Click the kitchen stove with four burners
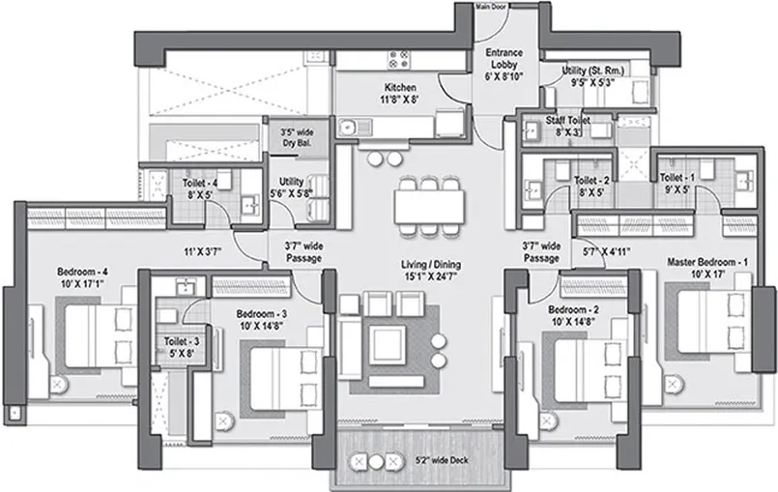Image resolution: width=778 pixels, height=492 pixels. tap(401, 59)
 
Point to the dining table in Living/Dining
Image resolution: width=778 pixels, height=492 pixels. tap(428, 205)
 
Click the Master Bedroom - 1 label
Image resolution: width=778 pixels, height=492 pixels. tap(708, 268)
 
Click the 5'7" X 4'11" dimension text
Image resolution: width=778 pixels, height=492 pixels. tap(608, 252)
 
